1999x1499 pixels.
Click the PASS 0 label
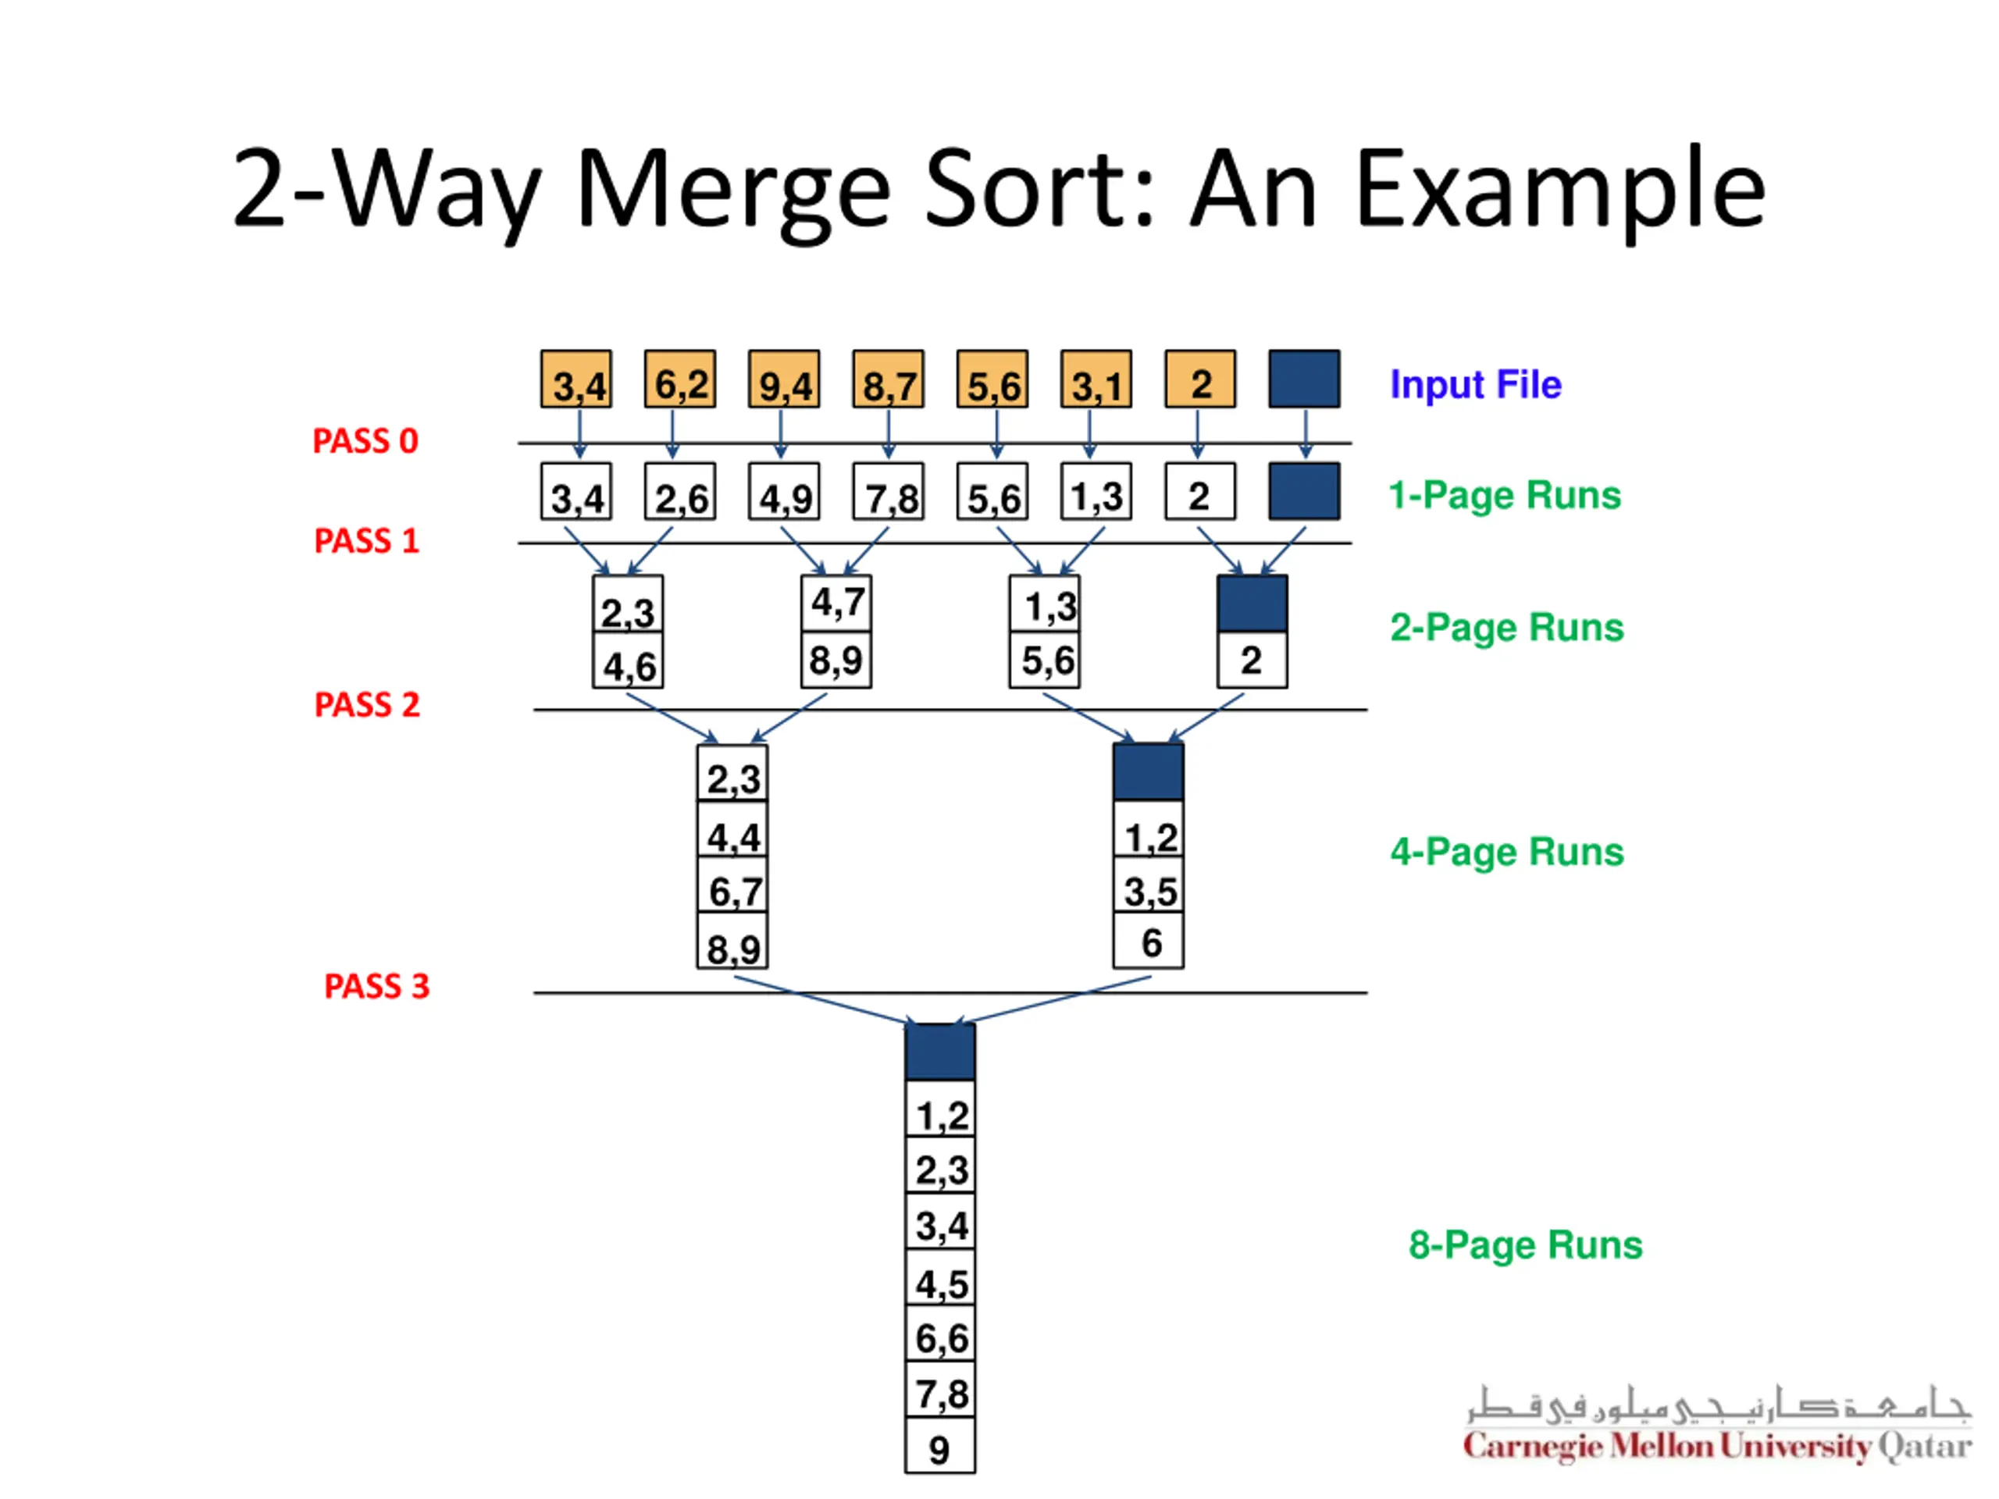click(x=365, y=441)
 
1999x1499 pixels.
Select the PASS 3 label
click(x=377, y=986)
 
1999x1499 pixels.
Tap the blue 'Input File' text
click(x=1475, y=384)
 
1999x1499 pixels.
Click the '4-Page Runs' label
click(x=1506, y=851)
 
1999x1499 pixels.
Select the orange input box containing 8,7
click(x=889, y=380)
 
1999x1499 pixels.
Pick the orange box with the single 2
click(x=1200, y=380)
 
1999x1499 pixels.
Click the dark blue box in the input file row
click(x=1304, y=379)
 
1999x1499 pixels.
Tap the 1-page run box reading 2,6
click(x=680, y=493)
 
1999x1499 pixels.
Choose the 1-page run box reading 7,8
click(x=889, y=493)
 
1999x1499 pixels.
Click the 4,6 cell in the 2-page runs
click(x=628, y=662)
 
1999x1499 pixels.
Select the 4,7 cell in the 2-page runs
click(x=837, y=603)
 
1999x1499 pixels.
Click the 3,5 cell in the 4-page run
click(x=1149, y=886)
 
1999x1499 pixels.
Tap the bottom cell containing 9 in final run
click(x=940, y=1448)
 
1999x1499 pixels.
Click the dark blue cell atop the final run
click(x=940, y=1052)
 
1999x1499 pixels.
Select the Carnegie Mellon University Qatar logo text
click(x=1716, y=1447)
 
